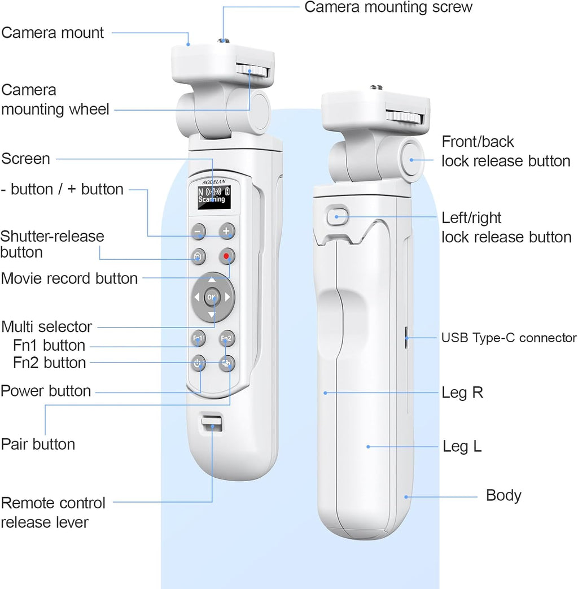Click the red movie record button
click(226, 256)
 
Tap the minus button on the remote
click(198, 231)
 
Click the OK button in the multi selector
click(212, 297)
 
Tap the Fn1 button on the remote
click(198, 338)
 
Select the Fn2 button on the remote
click(226, 338)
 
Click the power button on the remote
click(198, 363)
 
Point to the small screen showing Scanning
click(214, 197)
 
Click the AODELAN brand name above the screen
click(214, 182)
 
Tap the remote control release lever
click(212, 424)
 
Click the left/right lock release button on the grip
click(337, 216)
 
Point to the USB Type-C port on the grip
click(406, 338)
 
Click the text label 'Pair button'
click(38, 444)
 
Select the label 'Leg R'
click(462, 392)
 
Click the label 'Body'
click(503, 495)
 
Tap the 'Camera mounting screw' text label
click(388, 7)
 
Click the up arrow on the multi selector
click(212, 280)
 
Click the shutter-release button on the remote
click(198, 256)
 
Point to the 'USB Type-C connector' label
click(509, 338)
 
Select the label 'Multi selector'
click(47, 327)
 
